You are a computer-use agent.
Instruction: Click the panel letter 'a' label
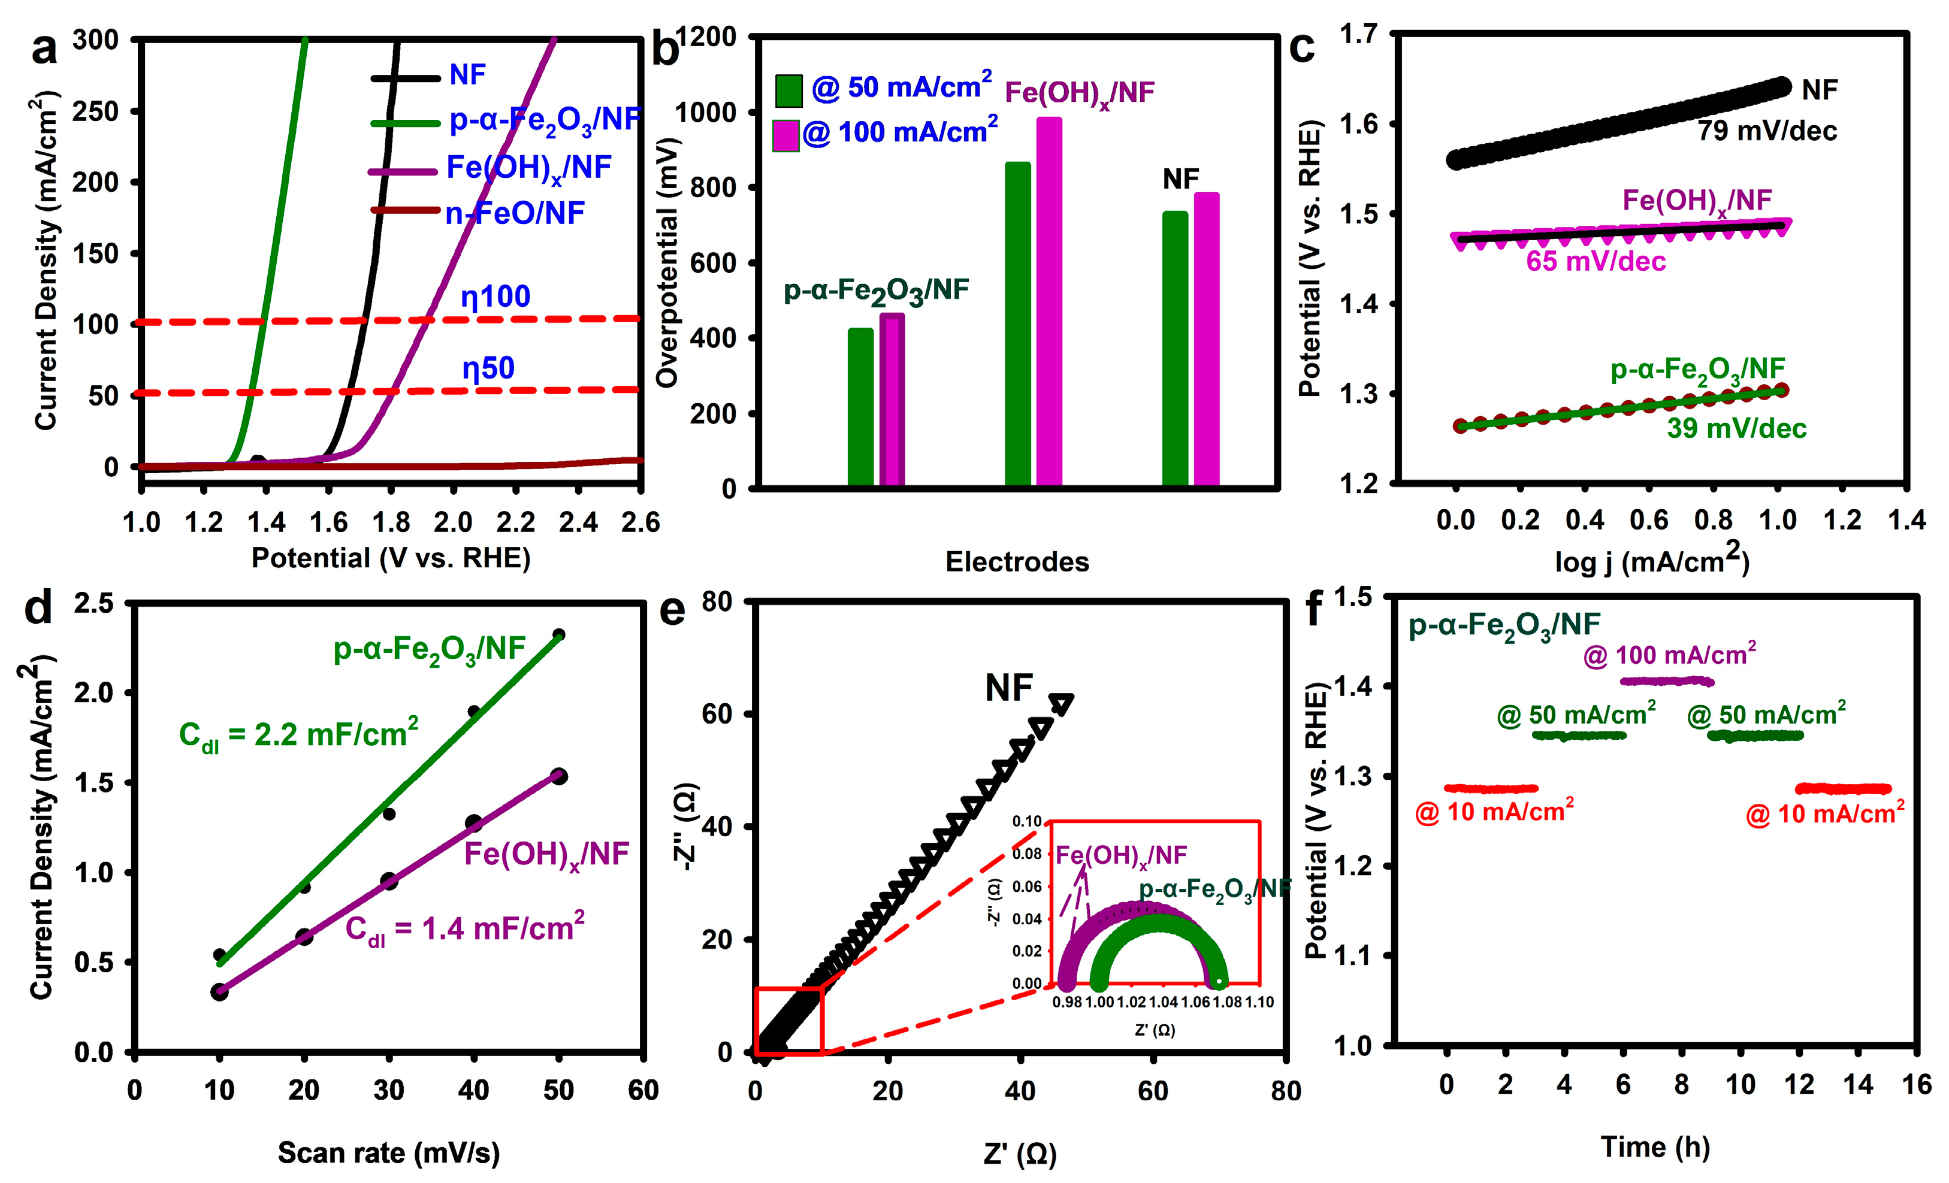tap(44, 50)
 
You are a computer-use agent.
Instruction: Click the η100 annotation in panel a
tap(495, 297)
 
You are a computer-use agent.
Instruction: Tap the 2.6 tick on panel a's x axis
tap(640, 522)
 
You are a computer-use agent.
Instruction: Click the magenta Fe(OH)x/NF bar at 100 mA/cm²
tap(1049, 301)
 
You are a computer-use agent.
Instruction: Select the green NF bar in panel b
tap(1175, 348)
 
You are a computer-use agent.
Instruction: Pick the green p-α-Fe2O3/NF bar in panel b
tap(860, 407)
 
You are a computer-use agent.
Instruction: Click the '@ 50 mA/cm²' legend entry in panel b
tap(884, 89)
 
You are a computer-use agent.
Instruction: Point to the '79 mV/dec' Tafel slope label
tap(1766, 131)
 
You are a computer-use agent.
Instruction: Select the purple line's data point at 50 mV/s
tap(558, 776)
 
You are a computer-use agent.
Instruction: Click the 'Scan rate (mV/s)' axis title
tap(388, 1153)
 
